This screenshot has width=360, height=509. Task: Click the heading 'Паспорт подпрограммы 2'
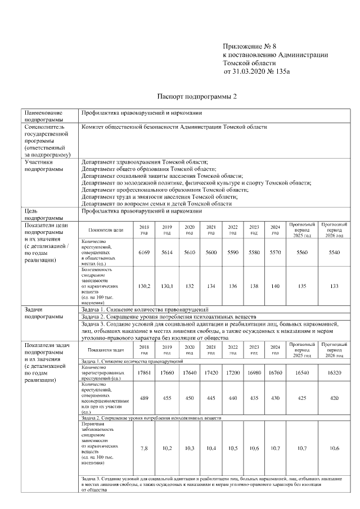tap(197, 97)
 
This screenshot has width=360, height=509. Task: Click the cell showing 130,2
tap(144, 286)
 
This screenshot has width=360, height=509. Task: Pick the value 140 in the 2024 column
tap(275, 286)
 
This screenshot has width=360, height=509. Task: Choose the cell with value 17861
tap(144, 373)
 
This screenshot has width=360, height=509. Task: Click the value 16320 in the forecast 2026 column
tap(334, 373)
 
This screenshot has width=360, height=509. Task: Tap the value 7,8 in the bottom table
tap(144, 448)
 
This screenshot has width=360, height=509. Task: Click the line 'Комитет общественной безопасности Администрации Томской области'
tap(174, 128)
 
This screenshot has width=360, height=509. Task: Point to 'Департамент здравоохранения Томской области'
tap(145, 161)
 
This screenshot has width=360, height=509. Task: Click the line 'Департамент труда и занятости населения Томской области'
tap(160, 197)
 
